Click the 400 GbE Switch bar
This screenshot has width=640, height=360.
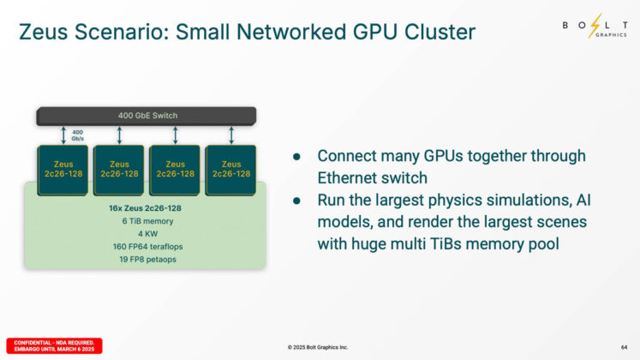tap(146, 115)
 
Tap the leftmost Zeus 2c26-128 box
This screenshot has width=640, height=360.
tap(63, 169)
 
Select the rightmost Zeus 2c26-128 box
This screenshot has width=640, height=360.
tap(230, 169)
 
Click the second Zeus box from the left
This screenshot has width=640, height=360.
tap(119, 169)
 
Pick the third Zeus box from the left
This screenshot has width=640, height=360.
tap(175, 169)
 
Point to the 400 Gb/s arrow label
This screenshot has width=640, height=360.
tap(77, 135)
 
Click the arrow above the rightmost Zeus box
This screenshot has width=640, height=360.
tap(231, 135)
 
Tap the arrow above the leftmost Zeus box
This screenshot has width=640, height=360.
tap(63, 135)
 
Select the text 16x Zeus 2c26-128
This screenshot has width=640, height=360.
tap(147, 208)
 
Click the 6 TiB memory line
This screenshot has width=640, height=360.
tap(147, 221)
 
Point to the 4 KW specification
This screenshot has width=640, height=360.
tap(147, 234)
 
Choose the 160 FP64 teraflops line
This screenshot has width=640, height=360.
tap(147, 247)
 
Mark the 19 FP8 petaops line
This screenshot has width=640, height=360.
tap(147, 259)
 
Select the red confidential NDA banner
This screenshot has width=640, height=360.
tap(54, 345)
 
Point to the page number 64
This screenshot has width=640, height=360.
tap(624, 346)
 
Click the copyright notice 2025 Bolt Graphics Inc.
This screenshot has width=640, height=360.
tap(318, 347)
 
